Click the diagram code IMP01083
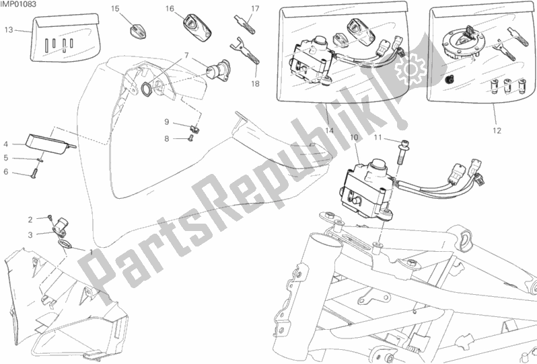(x=18, y=5)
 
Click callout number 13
(x=9, y=30)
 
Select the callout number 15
(x=115, y=9)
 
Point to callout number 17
(x=255, y=9)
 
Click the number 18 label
(x=255, y=83)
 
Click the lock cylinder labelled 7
(x=219, y=71)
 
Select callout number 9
(x=167, y=122)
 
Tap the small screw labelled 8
(x=191, y=138)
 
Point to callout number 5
(x=6, y=158)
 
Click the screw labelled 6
(x=34, y=175)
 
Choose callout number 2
(x=30, y=220)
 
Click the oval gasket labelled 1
(x=64, y=244)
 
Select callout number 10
(x=354, y=138)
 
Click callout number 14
(x=329, y=130)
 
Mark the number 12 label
(x=497, y=130)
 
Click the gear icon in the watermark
(x=410, y=69)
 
